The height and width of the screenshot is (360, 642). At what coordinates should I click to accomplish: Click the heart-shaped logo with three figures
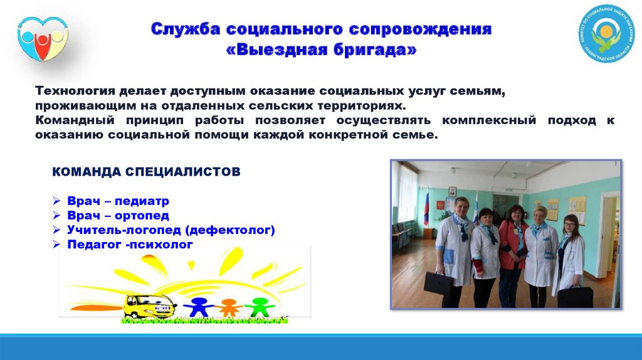pyautogui.click(x=43, y=39)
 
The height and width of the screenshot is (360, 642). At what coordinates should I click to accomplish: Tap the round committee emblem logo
pyautogui.click(x=606, y=34)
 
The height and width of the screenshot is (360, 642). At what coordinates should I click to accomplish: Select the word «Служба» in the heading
pyautogui.click(x=186, y=29)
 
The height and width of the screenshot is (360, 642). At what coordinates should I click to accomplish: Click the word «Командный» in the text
pyautogui.click(x=75, y=120)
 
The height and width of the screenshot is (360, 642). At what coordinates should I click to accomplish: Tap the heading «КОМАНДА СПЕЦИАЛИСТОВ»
pyautogui.click(x=146, y=172)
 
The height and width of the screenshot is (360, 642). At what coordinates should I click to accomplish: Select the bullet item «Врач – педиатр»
pyautogui.click(x=118, y=201)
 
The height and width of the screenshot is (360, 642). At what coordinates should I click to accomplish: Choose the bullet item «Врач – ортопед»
pyautogui.click(x=118, y=215)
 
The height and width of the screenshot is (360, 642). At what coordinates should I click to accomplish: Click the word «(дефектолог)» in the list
pyautogui.click(x=230, y=230)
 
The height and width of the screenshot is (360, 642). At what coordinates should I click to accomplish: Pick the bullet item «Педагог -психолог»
pyautogui.click(x=130, y=245)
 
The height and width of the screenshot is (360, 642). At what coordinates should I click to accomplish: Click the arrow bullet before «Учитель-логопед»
pyautogui.click(x=56, y=230)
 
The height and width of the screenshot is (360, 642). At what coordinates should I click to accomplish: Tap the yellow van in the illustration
pyautogui.click(x=150, y=306)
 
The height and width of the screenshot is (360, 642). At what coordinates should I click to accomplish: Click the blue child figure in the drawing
pyautogui.click(x=199, y=307)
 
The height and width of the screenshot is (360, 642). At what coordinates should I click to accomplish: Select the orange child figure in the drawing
pyautogui.click(x=228, y=307)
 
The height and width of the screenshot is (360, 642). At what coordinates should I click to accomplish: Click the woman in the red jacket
pyautogui.click(x=512, y=255)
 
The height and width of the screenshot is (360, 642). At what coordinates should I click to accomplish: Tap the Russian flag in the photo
pyautogui.click(x=426, y=206)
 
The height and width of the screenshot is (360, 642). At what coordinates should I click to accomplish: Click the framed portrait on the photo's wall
pyautogui.click(x=452, y=192)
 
